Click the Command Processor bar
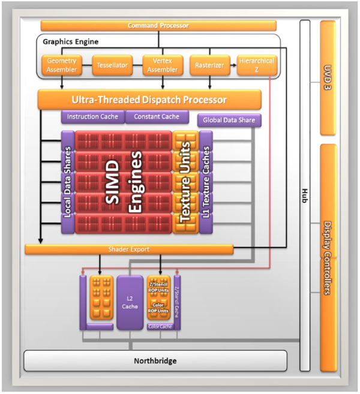tap(158, 26)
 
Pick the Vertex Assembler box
tap(163, 65)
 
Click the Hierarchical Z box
tap(257, 65)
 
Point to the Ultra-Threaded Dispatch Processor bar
tap(149, 100)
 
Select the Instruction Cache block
tap(92, 116)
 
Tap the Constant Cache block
tap(157, 116)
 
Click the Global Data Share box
tap(229, 120)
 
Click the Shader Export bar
tap(129, 249)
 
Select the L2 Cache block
tap(130, 303)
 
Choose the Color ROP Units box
tap(158, 309)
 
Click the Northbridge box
tap(155, 361)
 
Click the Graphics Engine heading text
tap(71, 42)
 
